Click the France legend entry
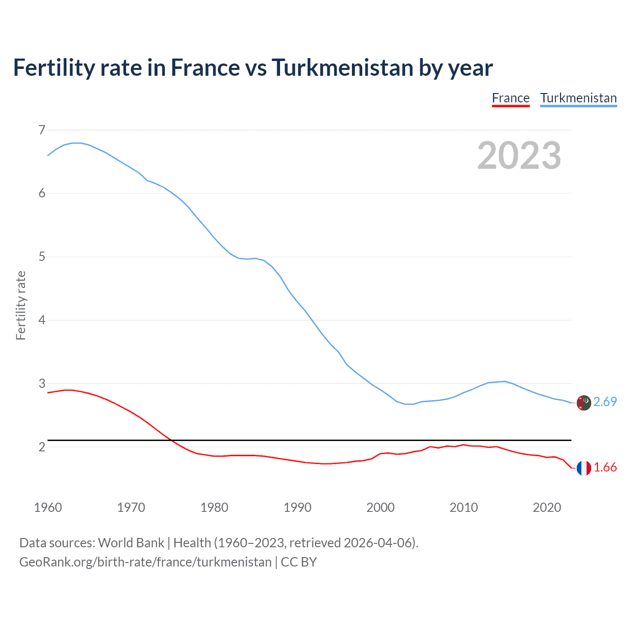pos(510,98)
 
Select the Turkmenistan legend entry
pos(578,98)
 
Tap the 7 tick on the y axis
pos(42,130)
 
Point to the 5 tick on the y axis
pos(42,256)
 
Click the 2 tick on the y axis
pos(42,447)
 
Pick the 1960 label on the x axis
pos(48,507)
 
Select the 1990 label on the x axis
pos(297,507)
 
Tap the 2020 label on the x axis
pos(547,507)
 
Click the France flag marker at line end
pos(584,468)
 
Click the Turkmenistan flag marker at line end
pos(584,403)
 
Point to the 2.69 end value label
pos(605,402)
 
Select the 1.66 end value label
pos(605,468)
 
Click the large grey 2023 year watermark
pos(519,156)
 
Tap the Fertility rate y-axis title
pos(21,305)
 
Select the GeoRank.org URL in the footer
pos(145,562)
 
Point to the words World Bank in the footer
pos(131,543)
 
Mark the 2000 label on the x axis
pos(380,507)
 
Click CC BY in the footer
pos(299,562)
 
